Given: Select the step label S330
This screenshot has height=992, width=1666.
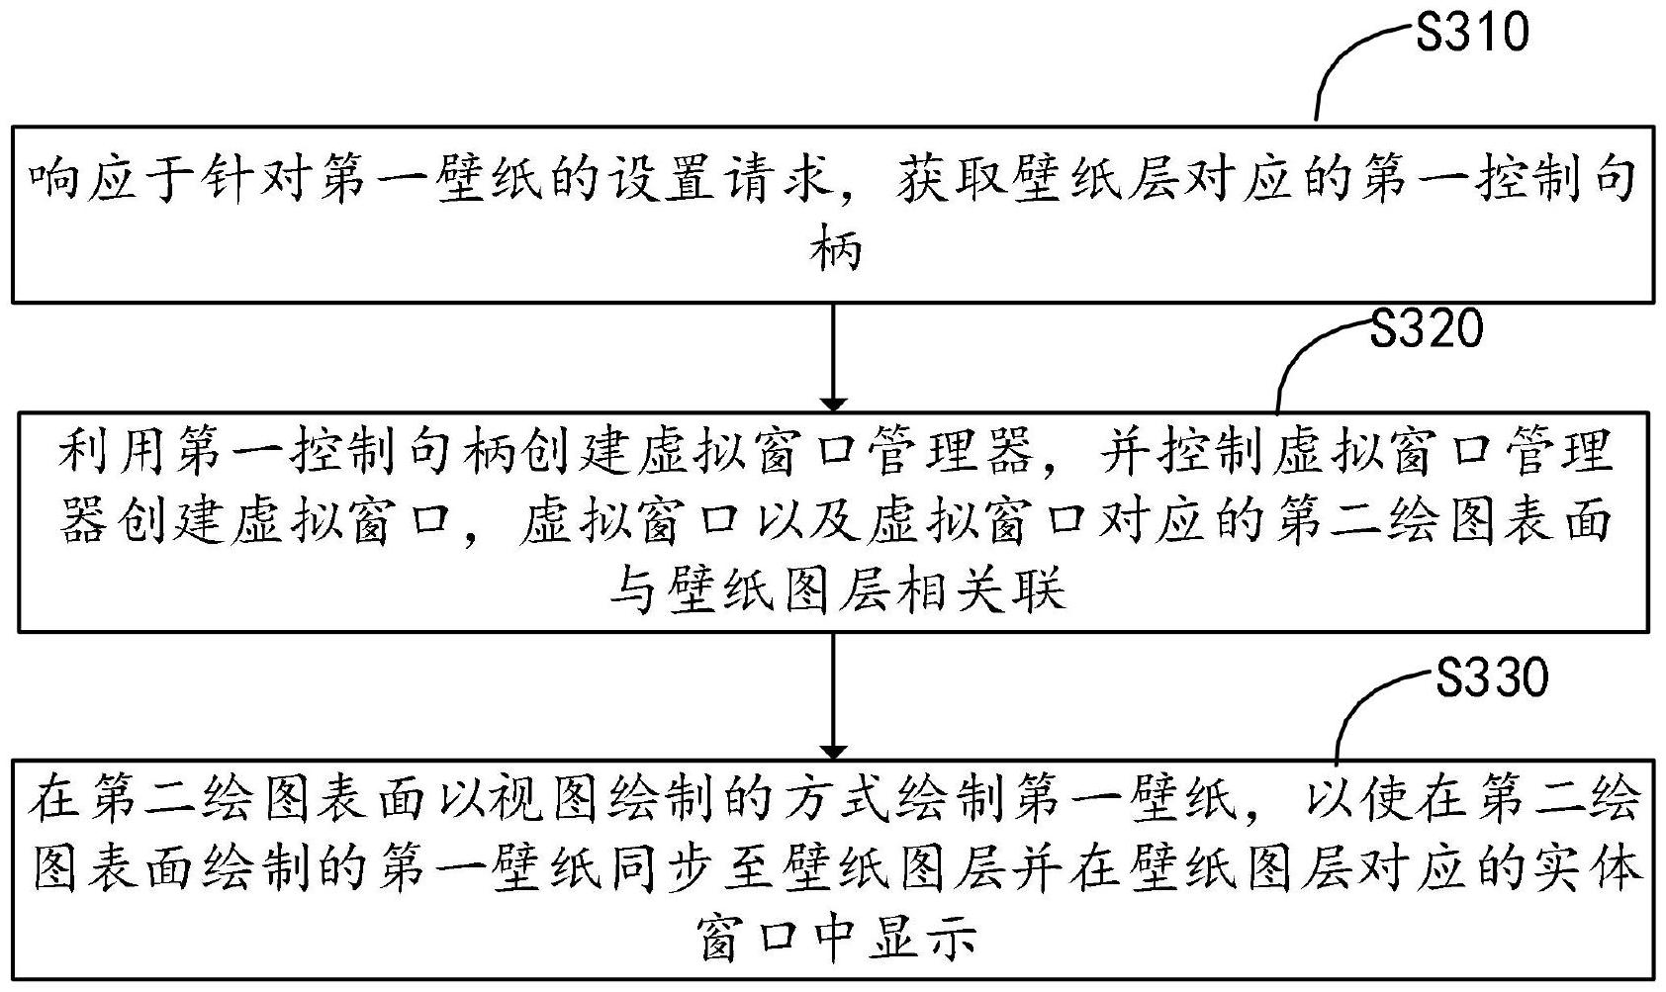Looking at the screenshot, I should [x=1491, y=679].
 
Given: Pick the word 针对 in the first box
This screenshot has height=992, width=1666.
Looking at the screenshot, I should [x=250, y=183].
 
